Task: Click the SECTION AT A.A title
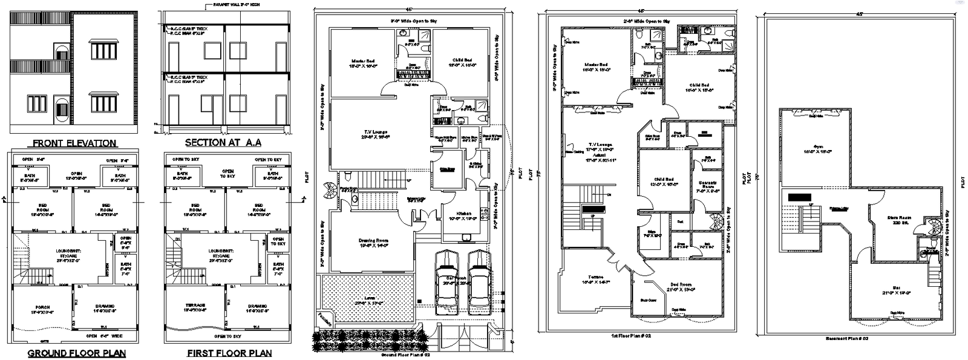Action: coord(223,143)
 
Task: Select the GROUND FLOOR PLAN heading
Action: coord(77,353)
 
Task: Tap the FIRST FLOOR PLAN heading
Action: coord(229,353)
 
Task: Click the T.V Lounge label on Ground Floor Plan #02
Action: coord(376,134)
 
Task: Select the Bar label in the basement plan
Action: coord(896,290)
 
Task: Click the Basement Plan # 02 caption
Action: coord(847,339)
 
